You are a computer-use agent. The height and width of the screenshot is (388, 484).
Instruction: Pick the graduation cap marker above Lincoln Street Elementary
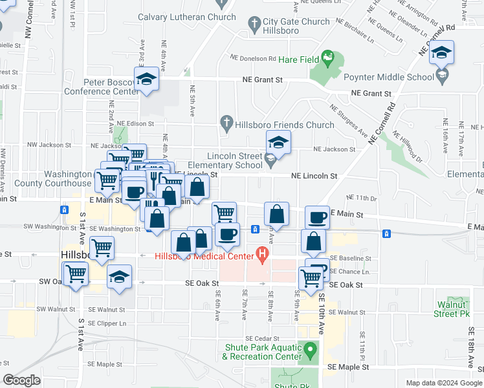pos(279,142)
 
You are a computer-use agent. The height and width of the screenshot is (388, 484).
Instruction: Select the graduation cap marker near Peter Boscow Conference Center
pos(147,80)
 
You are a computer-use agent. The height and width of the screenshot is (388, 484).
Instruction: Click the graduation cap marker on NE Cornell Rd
pos(442,52)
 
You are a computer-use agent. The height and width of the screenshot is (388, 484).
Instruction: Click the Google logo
pos(21,380)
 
